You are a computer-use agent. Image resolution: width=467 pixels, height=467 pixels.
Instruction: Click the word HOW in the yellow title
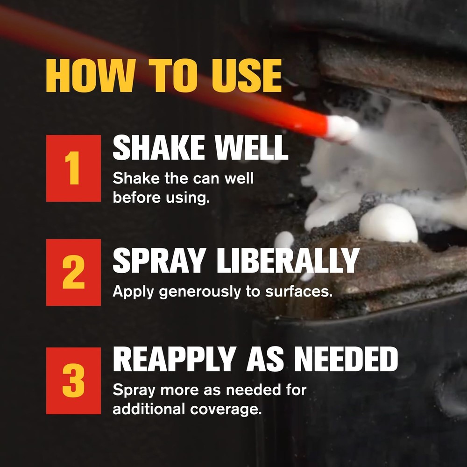(x=89, y=76)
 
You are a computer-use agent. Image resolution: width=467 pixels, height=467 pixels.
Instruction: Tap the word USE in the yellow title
(x=247, y=76)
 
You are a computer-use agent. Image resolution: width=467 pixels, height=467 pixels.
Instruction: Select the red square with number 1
(x=73, y=168)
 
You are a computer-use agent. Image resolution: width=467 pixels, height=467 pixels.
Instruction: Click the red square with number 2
(x=73, y=272)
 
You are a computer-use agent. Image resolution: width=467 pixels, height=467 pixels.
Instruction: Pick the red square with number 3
(x=73, y=381)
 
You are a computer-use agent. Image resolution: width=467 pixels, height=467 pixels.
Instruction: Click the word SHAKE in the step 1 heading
(x=159, y=148)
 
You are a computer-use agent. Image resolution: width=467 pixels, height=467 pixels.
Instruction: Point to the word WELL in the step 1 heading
(x=251, y=148)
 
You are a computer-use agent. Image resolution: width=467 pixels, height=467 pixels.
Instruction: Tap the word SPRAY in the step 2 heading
(x=159, y=260)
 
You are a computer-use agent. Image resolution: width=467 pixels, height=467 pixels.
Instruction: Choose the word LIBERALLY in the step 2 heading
(x=288, y=260)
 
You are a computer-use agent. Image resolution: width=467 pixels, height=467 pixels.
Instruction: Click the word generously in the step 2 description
(x=199, y=292)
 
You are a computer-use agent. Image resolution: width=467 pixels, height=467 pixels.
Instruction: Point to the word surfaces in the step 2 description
(x=299, y=291)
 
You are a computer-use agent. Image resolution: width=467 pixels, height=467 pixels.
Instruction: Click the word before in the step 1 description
(x=137, y=197)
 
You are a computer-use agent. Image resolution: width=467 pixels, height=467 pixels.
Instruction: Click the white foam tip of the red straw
(x=342, y=128)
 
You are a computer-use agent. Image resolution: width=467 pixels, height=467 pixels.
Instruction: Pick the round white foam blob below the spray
(x=388, y=223)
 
